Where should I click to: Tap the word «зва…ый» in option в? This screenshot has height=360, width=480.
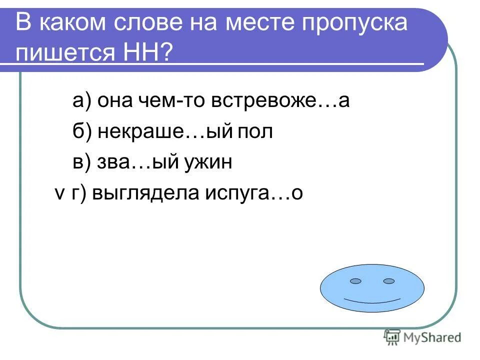(x=135, y=162)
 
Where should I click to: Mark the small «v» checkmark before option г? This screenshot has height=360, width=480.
(x=58, y=194)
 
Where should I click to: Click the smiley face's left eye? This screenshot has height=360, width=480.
(x=355, y=281)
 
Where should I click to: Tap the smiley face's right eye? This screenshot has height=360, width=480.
(x=389, y=281)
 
